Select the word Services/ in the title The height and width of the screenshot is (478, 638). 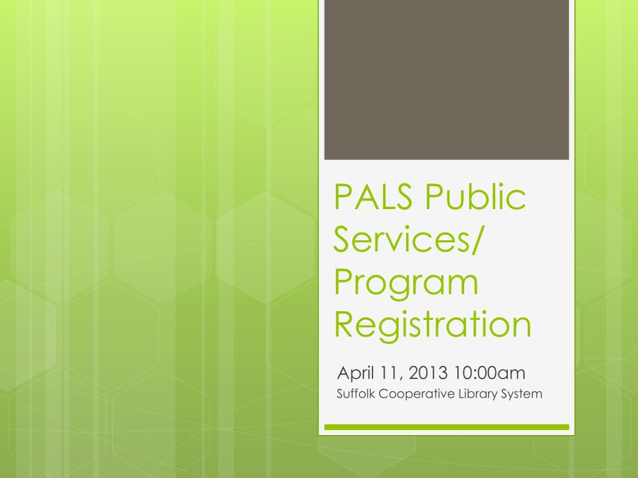click(407, 240)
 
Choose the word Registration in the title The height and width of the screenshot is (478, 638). click(432, 324)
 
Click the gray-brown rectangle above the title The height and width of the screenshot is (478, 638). click(446, 80)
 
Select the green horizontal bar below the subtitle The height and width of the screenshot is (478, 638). click(446, 427)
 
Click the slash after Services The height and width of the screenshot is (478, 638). click(475, 240)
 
